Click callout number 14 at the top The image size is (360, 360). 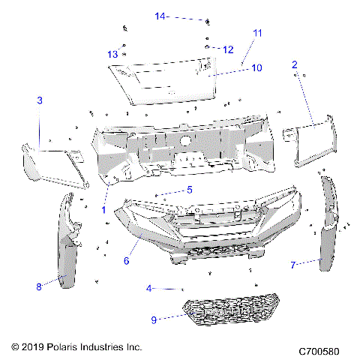(x=160, y=16)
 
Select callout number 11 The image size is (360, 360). (x=257, y=34)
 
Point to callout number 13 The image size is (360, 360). (x=112, y=54)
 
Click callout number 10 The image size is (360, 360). (x=256, y=68)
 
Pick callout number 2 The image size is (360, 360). (x=295, y=65)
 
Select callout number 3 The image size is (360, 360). (x=40, y=100)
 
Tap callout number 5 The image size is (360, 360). (x=190, y=190)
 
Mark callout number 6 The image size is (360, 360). (x=126, y=260)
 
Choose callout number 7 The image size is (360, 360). (x=294, y=264)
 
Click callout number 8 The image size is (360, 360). (x=38, y=286)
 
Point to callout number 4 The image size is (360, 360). (x=149, y=288)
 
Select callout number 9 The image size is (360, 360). (x=154, y=319)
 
